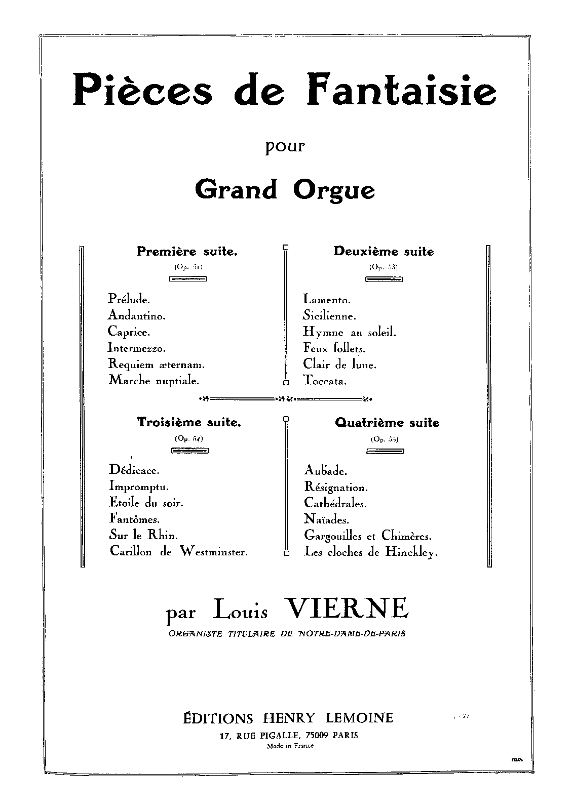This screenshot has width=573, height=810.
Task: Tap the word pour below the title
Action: pyautogui.click(x=287, y=147)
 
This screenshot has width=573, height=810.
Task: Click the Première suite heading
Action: pyautogui.click(x=187, y=251)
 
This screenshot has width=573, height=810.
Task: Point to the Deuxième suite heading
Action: pyautogui.click(x=384, y=251)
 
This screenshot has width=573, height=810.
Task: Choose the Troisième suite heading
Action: pyautogui.click(x=189, y=422)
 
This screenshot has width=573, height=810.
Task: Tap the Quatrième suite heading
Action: pyautogui.click(x=387, y=423)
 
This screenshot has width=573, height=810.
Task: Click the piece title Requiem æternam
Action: pyautogui.click(x=156, y=364)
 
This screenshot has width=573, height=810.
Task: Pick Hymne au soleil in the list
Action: pyautogui.click(x=350, y=332)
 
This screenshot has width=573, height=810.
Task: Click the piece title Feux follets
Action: pyautogui.click(x=334, y=348)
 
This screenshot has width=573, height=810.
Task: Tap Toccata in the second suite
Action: pyautogui.click(x=325, y=380)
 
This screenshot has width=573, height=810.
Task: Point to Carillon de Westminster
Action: pyautogui.click(x=178, y=552)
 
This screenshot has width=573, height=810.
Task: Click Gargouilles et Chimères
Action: pyautogui.click(x=368, y=536)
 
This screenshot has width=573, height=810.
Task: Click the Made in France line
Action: pyautogui.click(x=290, y=746)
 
